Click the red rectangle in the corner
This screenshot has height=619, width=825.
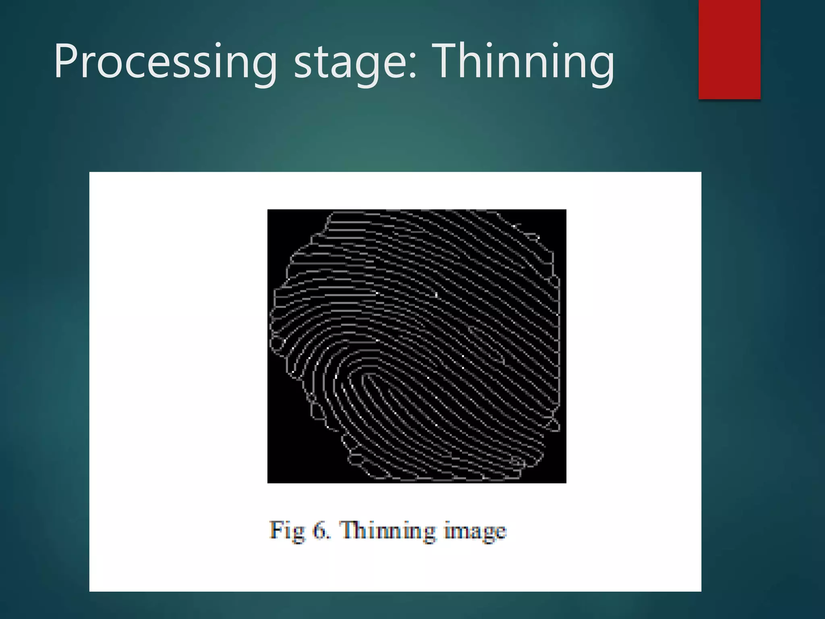click(729, 49)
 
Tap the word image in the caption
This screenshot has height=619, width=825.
click(475, 531)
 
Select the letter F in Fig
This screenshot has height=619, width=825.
click(276, 529)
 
